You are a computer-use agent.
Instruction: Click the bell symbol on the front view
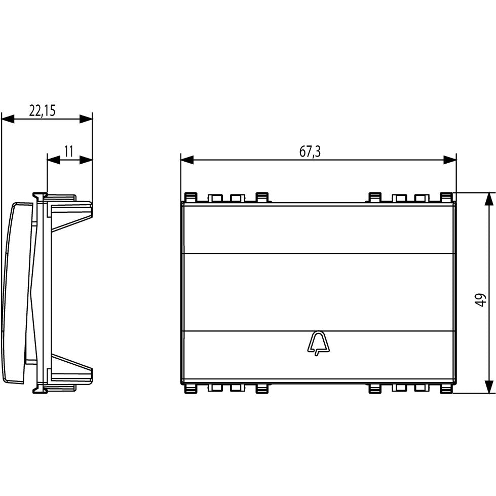coord(318,344)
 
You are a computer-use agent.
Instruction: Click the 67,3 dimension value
coord(310,152)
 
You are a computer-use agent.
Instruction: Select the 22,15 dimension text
coord(43,111)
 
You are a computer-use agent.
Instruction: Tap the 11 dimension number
coord(68,151)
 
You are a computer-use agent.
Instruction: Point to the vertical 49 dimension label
coord(480,300)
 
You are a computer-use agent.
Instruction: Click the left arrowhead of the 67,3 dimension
coord(187,160)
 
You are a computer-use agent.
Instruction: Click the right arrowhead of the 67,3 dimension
coord(450,160)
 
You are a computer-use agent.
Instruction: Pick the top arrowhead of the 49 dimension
coord(489,199)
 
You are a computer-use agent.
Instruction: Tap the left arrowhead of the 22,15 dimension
coord(8,119)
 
